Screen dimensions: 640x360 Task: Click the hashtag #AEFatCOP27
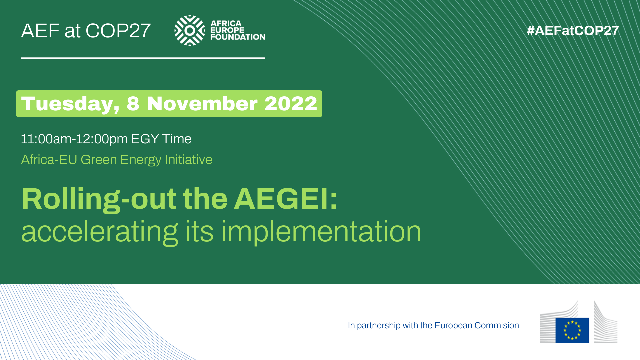[x=573, y=31]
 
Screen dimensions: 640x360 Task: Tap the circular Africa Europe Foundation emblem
[x=190, y=30]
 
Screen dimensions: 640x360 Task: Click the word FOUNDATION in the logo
[x=238, y=37]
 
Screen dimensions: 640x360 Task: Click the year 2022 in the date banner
[x=291, y=103]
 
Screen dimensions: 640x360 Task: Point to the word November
[x=202, y=103]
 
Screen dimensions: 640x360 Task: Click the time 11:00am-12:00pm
[x=74, y=139]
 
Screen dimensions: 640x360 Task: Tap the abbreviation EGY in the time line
[x=145, y=139]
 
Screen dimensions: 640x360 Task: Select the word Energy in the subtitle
[x=141, y=160]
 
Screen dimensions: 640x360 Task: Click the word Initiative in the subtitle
[x=188, y=160]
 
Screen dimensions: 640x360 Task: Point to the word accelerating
[x=100, y=232]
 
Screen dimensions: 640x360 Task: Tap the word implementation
[x=321, y=231]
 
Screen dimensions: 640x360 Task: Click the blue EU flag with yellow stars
[x=572, y=330]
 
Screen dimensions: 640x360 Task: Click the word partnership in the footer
[x=379, y=326]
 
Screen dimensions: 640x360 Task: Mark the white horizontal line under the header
[x=143, y=58]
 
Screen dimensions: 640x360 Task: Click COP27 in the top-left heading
[x=118, y=31]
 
